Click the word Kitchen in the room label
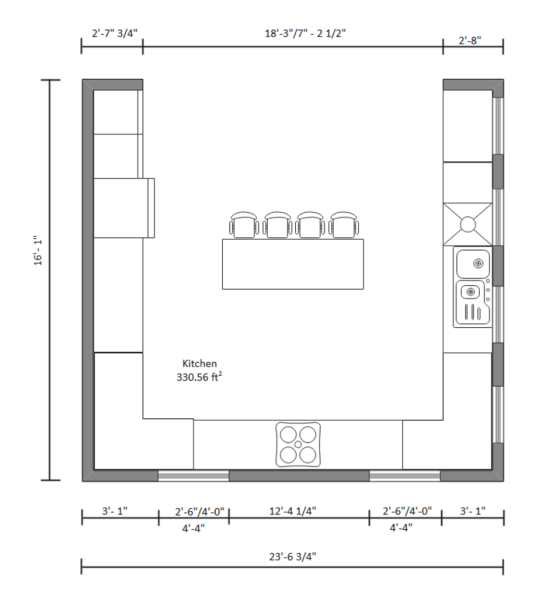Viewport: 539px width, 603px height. click(199, 363)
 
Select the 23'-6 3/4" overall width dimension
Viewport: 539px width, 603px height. click(292, 556)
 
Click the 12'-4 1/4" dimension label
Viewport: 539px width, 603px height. click(292, 511)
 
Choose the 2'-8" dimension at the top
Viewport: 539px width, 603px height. click(470, 40)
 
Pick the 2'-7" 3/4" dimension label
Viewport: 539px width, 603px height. click(114, 34)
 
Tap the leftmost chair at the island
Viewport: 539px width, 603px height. click(244, 224)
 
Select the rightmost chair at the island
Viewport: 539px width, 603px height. click(344, 224)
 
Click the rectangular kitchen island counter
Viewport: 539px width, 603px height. click(293, 264)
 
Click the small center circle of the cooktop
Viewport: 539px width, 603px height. click(298, 444)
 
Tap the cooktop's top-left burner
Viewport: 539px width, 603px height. click(287, 434)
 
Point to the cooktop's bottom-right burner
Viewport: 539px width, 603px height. click(308, 455)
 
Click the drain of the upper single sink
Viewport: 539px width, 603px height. click(478, 263)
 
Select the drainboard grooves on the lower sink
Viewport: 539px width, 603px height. click(473, 312)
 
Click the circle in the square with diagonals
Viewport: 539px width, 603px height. click(468, 224)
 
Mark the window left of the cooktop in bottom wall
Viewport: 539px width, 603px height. click(193, 476)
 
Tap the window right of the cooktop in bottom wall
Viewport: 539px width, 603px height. click(404, 476)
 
